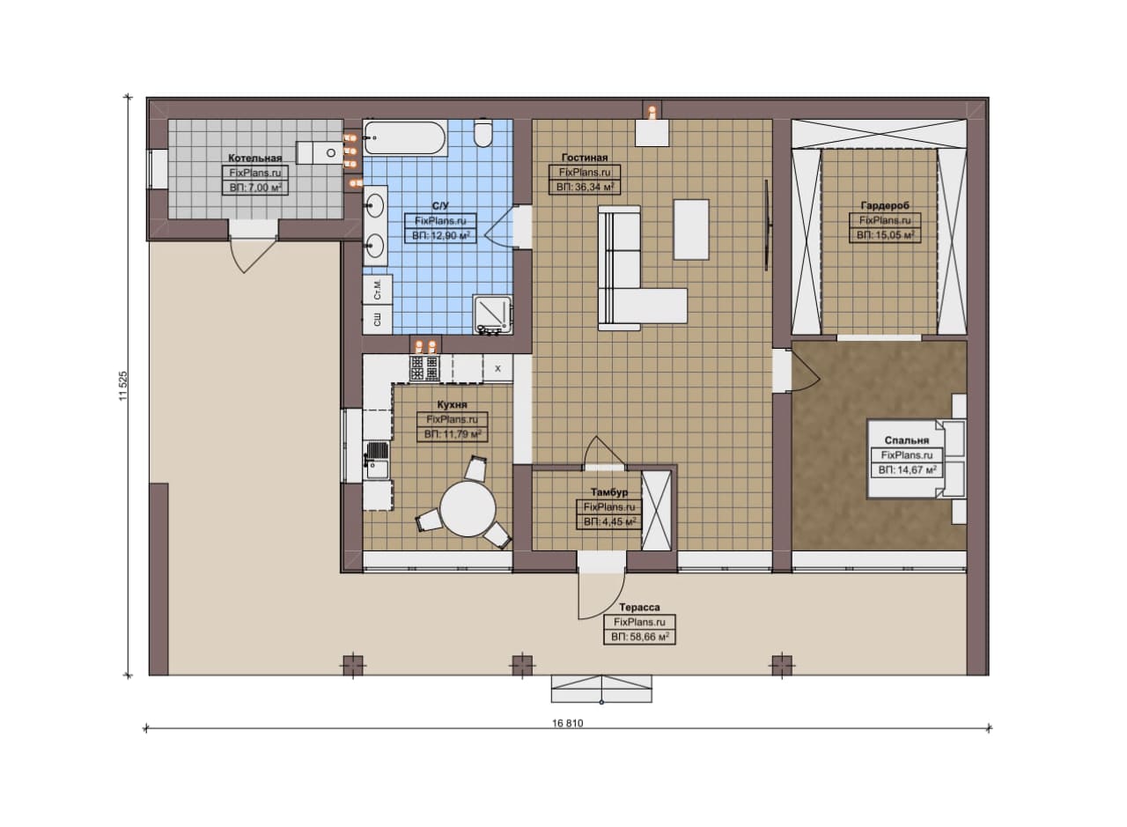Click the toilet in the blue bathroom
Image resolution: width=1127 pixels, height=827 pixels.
(x=483, y=133)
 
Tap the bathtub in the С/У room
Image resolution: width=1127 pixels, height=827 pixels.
(x=404, y=137)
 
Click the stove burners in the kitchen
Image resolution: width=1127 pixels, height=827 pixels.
(x=424, y=367)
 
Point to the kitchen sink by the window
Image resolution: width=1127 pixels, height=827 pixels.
(x=377, y=460)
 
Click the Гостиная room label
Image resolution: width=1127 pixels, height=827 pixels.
(x=585, y=158)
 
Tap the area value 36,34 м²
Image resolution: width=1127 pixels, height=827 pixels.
(x=585, y=188)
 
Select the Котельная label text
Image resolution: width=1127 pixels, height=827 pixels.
(x=255, y=158)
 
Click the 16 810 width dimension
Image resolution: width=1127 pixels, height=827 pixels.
(x=568, y=723)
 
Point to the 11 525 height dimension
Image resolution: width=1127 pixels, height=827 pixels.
(x=123, y=386)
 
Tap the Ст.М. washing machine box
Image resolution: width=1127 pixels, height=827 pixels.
(x=378, y=291)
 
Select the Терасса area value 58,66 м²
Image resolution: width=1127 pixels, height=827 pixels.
(x=639, y=637)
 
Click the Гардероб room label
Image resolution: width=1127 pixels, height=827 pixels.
(x=885, y=205)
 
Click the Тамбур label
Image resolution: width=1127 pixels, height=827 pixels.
(x=609, y=491)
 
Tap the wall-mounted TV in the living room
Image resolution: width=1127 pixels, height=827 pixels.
(x=766, y=225)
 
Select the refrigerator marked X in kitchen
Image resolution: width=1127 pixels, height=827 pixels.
(x=497, y=368)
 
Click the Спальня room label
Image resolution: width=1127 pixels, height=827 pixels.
(x=907, y=440)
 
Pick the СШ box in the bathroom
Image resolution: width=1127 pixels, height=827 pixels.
(x=378, y=320)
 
